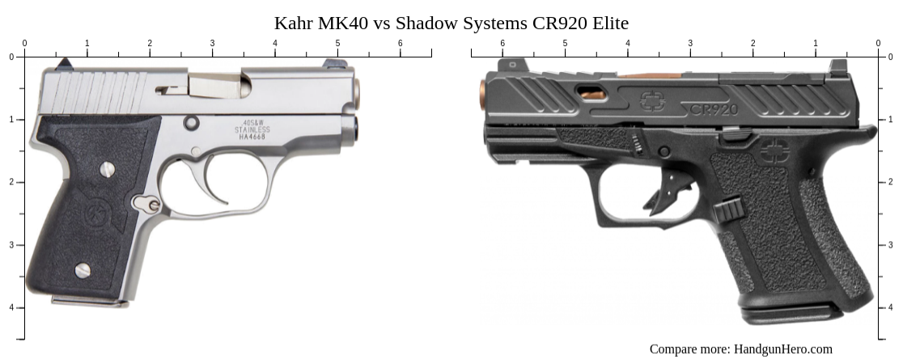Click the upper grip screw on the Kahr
pos(107,169)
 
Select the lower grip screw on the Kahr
pos(82,269)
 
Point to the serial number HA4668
pos(252,137)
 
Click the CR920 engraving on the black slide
pos(714,108)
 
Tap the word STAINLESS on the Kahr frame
pos(252,129)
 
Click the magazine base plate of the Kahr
pos(89,301)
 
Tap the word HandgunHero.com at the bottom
pos(782,349)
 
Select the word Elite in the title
pos(608,23)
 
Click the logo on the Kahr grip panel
pos(95,215)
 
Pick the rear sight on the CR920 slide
pos(838,66)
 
